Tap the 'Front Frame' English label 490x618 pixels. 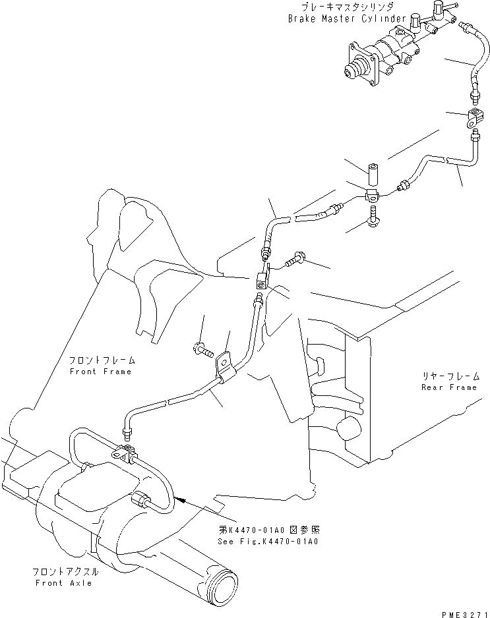click(100, 372)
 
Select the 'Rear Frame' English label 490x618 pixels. click(448, 387)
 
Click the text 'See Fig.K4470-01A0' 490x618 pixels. click(267, 541)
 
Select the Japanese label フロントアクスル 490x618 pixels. click(66, 572)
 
